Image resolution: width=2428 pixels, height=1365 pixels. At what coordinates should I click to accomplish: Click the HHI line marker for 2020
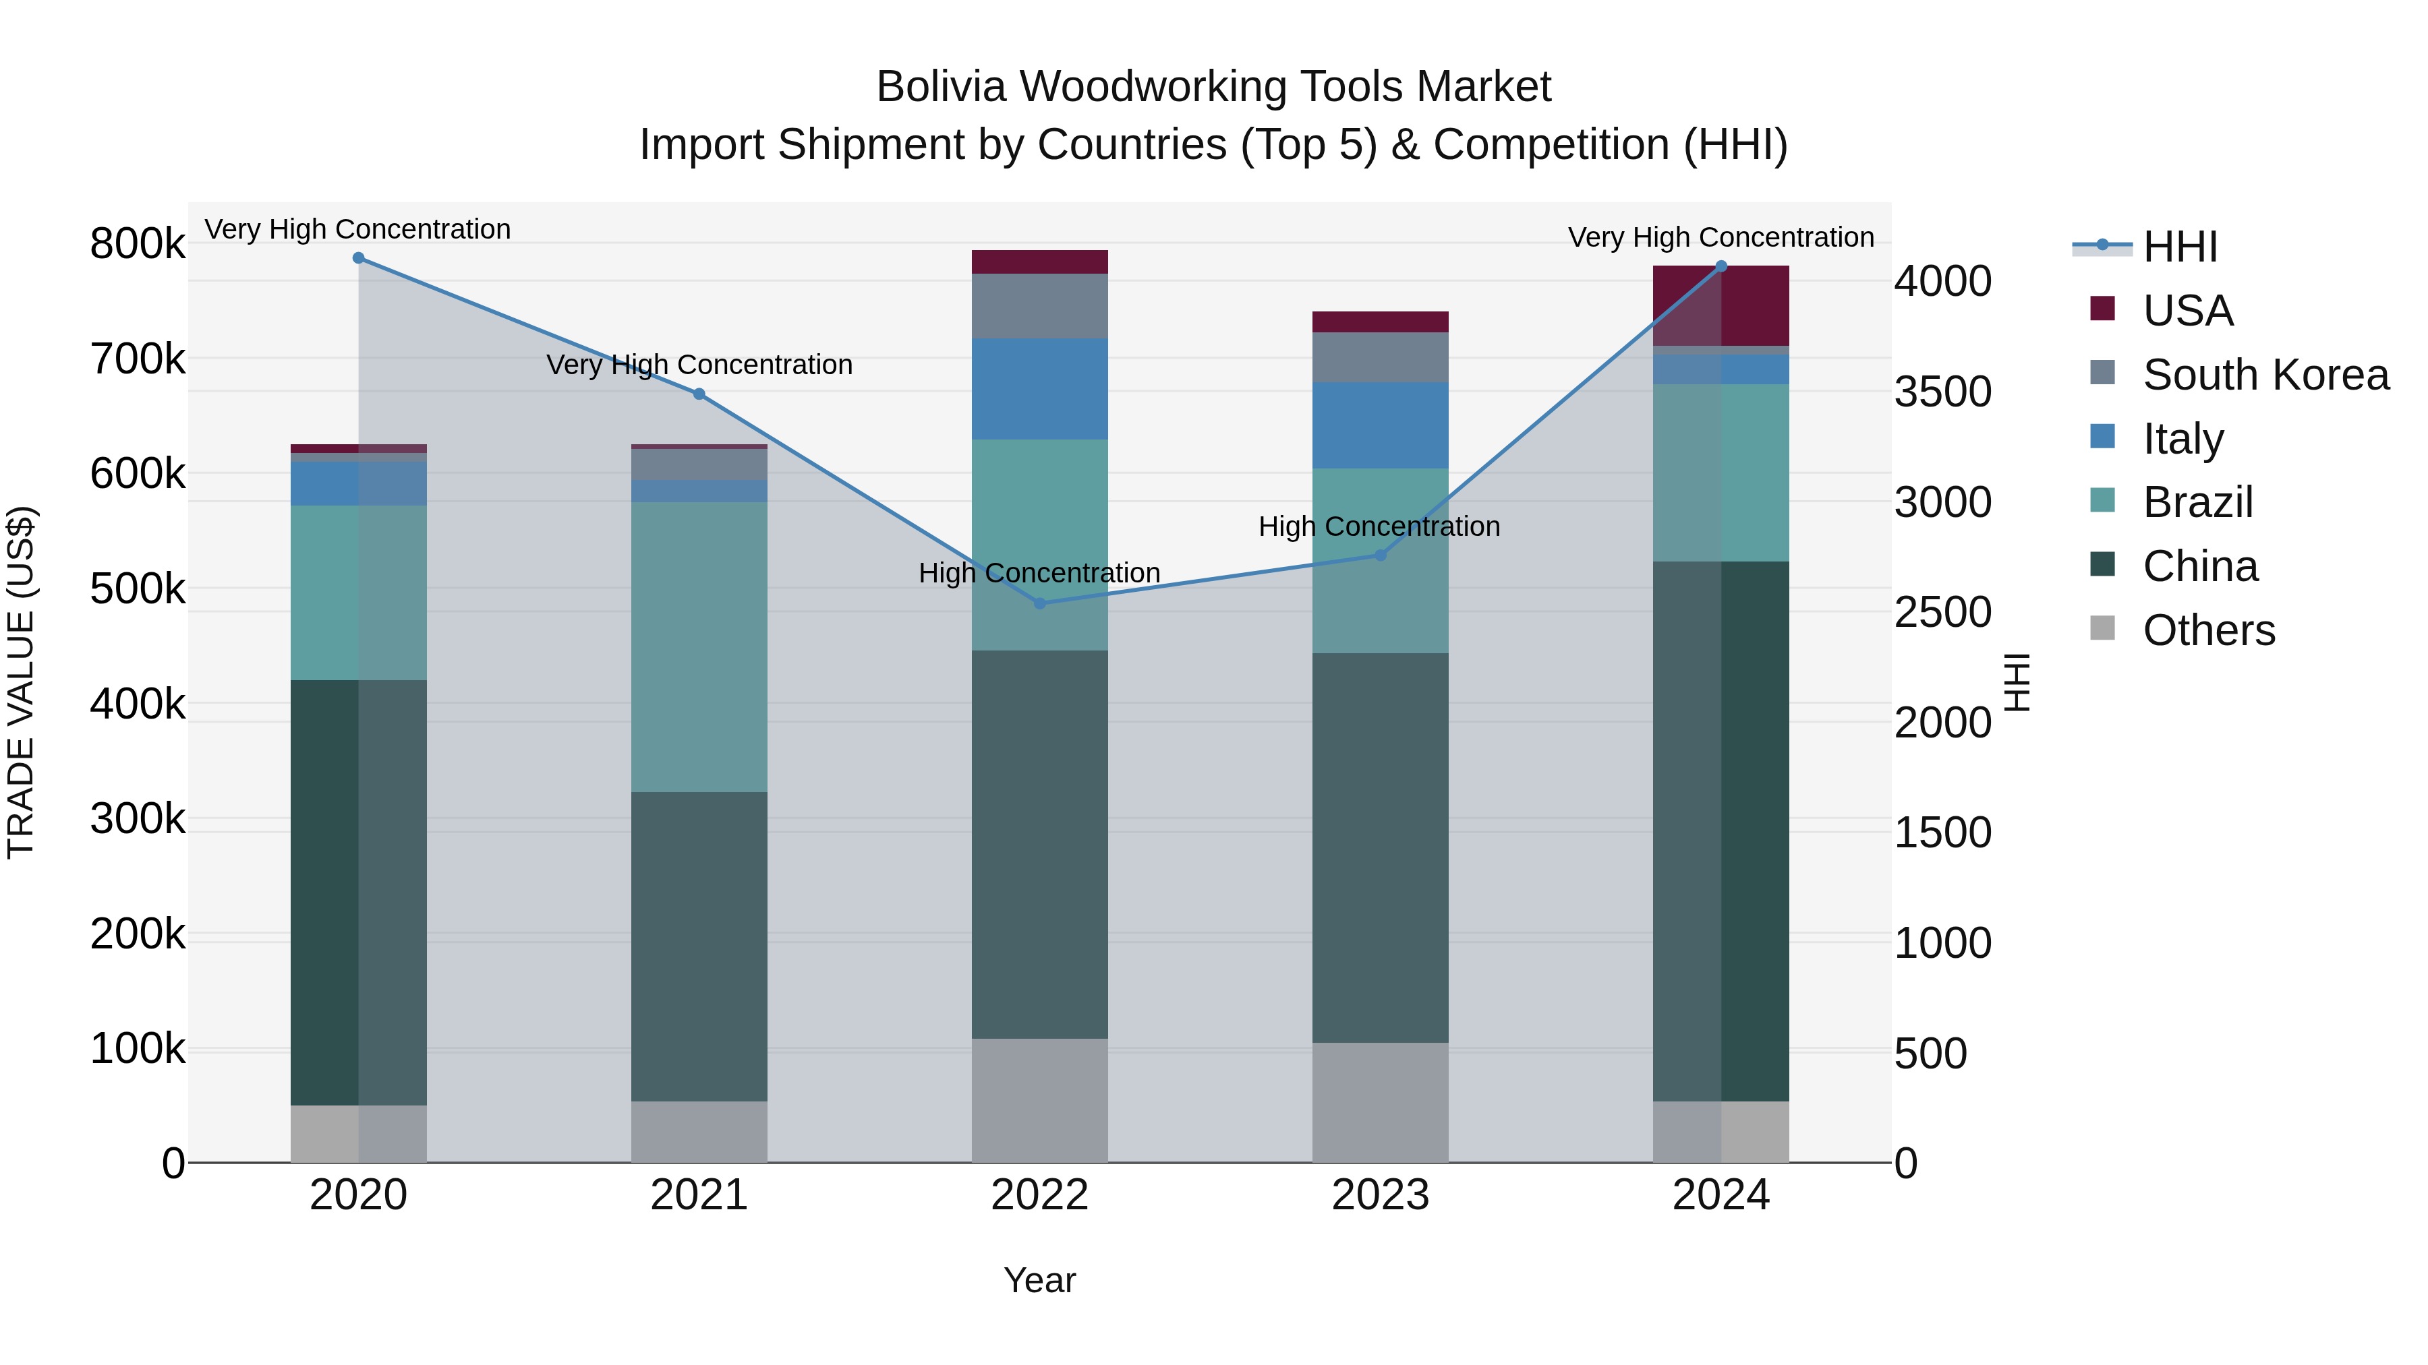pyautogui.click(x=358, y=258)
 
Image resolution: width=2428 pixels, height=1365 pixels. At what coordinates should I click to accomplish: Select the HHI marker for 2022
pyautogui.click(x=1039, y=603)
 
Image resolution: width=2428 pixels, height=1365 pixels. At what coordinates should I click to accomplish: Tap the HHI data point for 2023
pyautogui.click(x=1381, y=555)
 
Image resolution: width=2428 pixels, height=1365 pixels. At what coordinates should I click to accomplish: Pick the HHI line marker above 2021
pyautogui.click(x=699, y=394)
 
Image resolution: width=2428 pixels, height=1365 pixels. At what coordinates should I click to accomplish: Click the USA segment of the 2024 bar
pyautogui.click(x=1721, y=306)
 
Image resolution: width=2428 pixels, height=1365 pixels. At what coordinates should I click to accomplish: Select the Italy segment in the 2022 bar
pyautogui.click(x=1039, y=388)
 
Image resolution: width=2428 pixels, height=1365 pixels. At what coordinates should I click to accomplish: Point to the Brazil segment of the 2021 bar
pyautogui.click(x=699, y=646)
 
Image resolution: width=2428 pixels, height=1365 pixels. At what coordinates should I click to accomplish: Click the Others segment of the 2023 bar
pyautogui.click(x=1381, y=1102)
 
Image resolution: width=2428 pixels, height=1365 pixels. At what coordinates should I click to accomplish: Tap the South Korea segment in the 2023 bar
pyautogui.click(x=1381, y=357)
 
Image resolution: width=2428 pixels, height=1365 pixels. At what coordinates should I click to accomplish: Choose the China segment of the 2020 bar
pyautogui.click(x=358, y=892)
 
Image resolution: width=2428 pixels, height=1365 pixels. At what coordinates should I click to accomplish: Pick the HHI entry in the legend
pyautogui.click(x=2179, y=247)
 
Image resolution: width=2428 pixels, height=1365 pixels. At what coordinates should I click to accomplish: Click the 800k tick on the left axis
pyautogui.click(x=138, y=244)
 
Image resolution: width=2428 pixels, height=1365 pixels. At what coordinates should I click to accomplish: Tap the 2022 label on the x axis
pyautogui.click(x=1039, y=1195)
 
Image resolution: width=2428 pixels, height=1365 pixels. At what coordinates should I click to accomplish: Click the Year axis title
pyautogui.click(x=1039, y=1280)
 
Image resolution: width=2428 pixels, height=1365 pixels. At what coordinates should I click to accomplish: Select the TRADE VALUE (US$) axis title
pyautogui.click(x=21, y=682)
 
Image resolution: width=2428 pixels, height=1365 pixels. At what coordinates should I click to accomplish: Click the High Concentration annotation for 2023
pyautogui.click(x=1379, y=526)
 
